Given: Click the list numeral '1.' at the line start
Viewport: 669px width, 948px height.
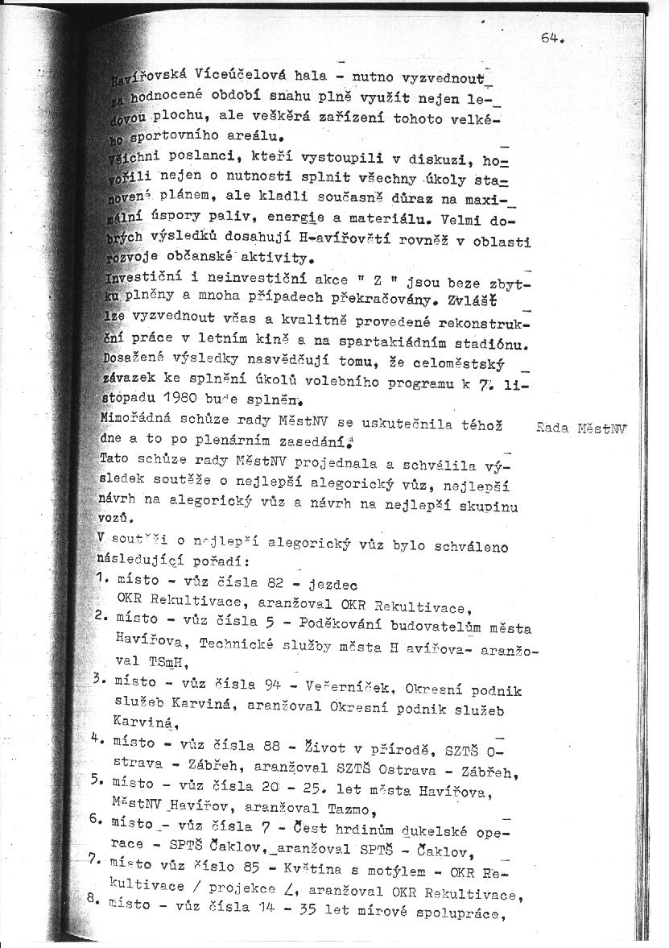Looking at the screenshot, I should (x=102, y=578).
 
